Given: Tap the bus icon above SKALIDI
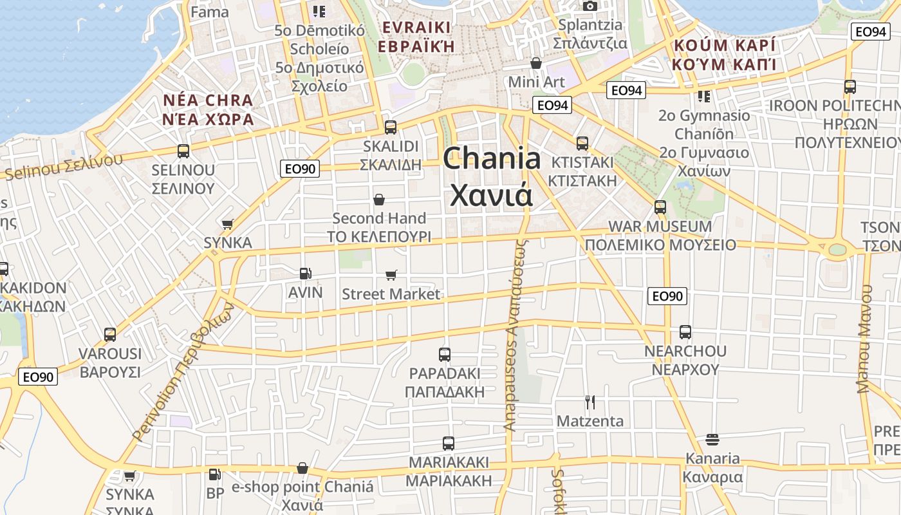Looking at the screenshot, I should (x=390, y=127).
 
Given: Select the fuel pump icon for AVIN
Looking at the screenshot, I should (x=306, y=274).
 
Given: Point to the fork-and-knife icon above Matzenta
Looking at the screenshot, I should (x=590, y=402).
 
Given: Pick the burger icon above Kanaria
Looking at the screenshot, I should (x=712, y=440).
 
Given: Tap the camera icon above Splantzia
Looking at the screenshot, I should (x=590, y=6).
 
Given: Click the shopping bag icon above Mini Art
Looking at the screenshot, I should (x=535, y=63).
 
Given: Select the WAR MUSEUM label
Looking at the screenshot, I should (x=660, y=227).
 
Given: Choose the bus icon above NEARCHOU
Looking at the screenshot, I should (x=685, y=332).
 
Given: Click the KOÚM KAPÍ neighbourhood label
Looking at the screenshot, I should (x=723, y=46).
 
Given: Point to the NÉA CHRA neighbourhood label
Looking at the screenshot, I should (x=207, y=100).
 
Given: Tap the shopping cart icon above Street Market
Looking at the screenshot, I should (x=391, y=276).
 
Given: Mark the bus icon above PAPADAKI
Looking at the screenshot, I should (x=444, y=354).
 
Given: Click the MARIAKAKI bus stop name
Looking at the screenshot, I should (x=449, y=462).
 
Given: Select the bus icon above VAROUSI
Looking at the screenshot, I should (x=110, y=335).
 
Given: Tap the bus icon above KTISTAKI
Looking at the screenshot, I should (x=582, y=143).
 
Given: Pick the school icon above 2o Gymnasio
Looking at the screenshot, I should (x=703, y=97).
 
